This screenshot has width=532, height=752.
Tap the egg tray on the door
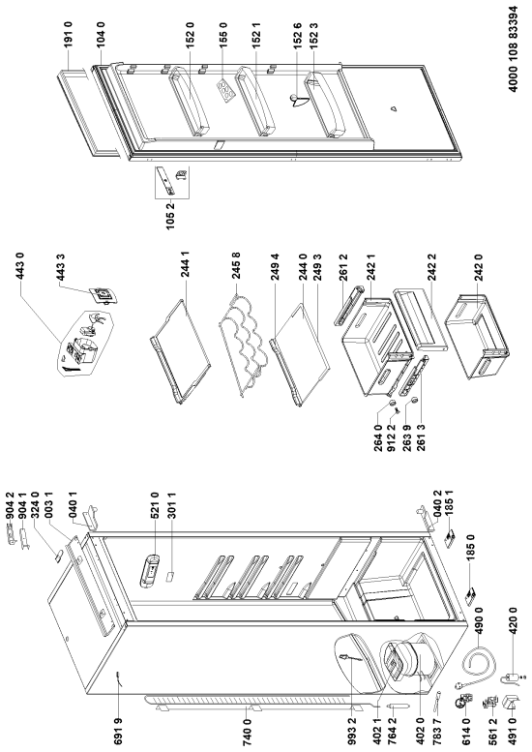click(x=224, y=90)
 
